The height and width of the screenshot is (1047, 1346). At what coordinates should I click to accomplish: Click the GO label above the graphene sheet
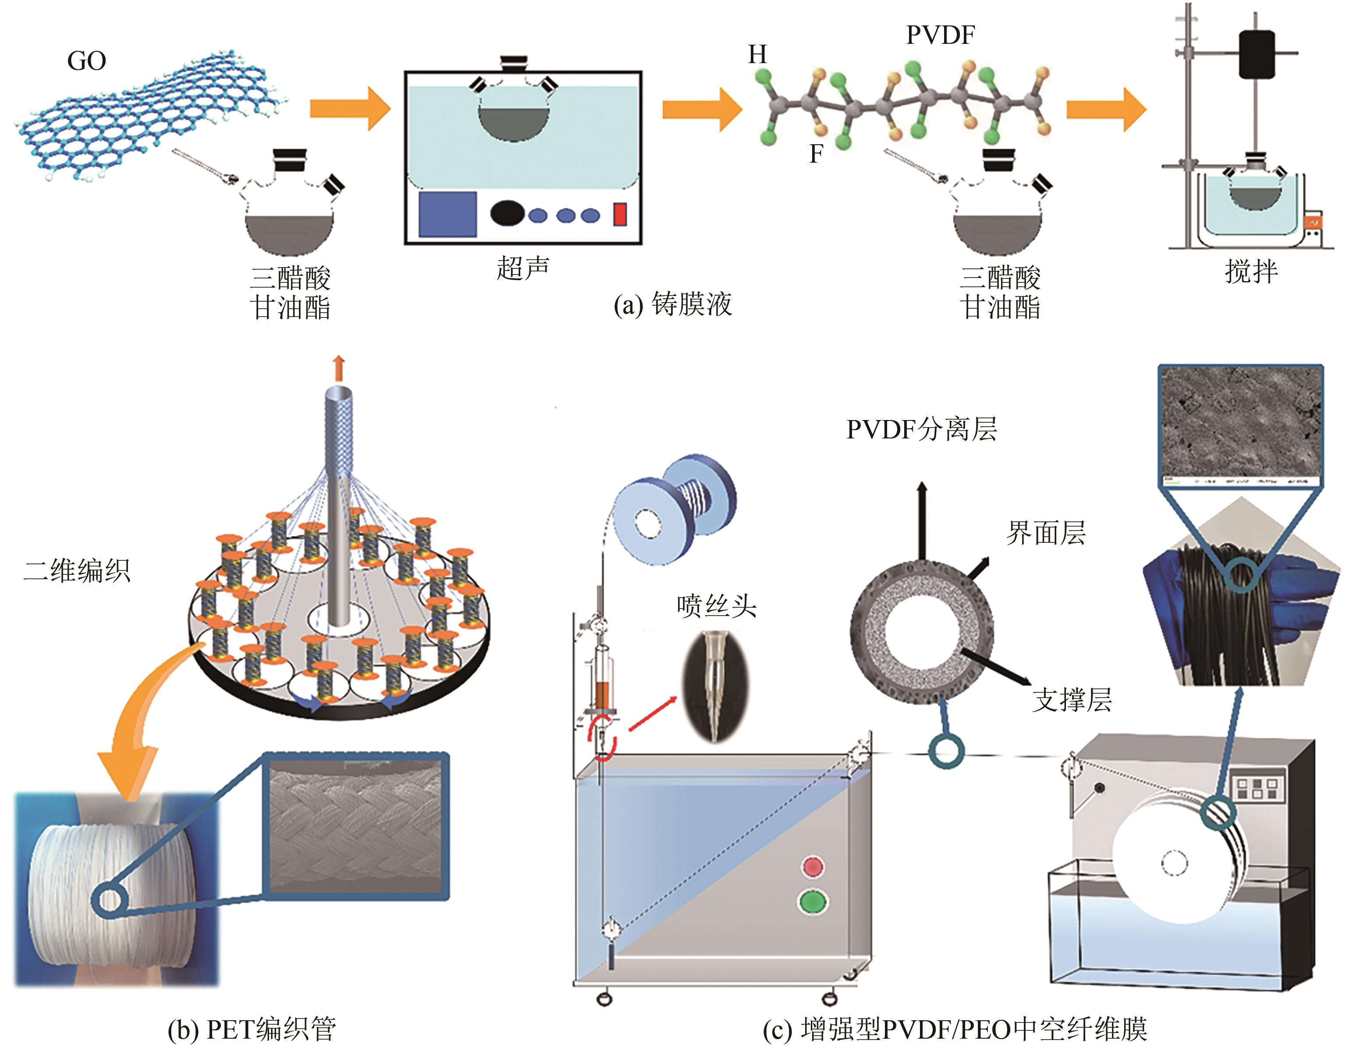pos(86,61)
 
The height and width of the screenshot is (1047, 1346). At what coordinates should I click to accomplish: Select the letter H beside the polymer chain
pos(757,55)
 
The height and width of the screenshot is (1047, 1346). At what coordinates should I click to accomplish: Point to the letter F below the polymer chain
pos(816,153)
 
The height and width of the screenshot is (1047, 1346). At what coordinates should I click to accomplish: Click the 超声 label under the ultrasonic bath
pos(522,268)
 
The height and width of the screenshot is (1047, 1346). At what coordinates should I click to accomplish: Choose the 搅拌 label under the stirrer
pos(1251,271)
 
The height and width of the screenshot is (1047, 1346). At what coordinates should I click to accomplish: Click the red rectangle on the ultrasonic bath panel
pos(619,214)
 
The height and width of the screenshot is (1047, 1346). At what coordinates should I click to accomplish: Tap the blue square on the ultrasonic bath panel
pos(447,214)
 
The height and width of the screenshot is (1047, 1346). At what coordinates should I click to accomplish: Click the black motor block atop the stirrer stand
pos(1257,54)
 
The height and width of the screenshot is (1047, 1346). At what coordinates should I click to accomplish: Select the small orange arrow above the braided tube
pos(338,368)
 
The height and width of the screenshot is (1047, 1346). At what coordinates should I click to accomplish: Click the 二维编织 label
pos(77,570)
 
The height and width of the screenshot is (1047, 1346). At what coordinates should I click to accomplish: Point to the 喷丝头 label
pos(716,605)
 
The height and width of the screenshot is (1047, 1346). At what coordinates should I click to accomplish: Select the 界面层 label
pos(1045,533)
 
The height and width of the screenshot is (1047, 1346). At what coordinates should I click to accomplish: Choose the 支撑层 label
pos(1072,700)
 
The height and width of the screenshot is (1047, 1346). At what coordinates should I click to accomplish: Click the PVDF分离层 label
pos(921,429)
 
